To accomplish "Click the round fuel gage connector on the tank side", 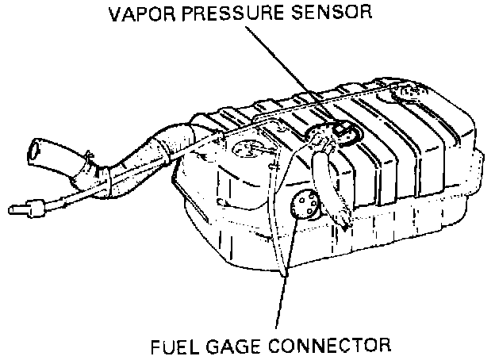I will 305,205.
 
